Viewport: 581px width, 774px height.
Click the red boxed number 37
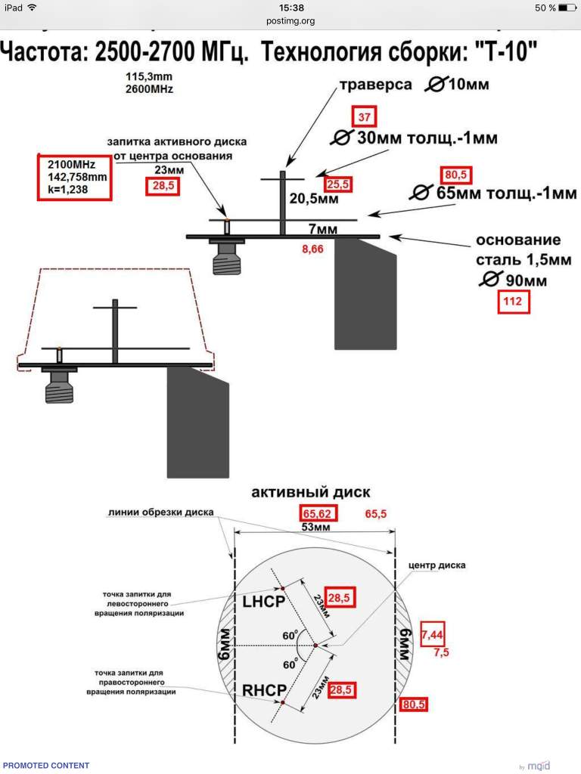pyautogui.click(x=364, y=117)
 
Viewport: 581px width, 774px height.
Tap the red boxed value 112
pyautogui.click(x=513, y=302)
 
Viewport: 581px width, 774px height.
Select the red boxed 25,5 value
pyautogui.click(x=338, y=184)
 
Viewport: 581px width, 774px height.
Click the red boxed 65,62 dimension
pyautogui.click(x=317, y=513)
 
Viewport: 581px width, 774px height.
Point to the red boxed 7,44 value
pyautogui.click(x=432, y=634)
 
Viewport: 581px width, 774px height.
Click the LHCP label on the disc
pyautogui.click(x=264, y=601)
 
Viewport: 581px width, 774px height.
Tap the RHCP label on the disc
pyautogui.click(x=264, y=689)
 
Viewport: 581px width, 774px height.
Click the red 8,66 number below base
pyautogui.click(x=312, y=249)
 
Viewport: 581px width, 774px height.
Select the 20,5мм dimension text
pyautogui.click(x=314, y=199)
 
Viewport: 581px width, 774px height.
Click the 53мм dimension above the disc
pyautogui.click(x=315, y=527)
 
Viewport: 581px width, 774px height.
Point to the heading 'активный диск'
pyautogui.click(x=311, y=492)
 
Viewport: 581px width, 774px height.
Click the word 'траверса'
pyautogui.click(x=375, y=85)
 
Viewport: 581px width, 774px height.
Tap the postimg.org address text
pyautogui.click(x=290, y=20)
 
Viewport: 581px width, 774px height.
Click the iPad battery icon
pyautogui.click(x=567, y=8)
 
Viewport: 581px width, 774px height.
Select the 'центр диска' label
pyautogui.click(x=437, y=565)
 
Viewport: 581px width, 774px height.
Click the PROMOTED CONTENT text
pyautogui.click(x=46, y=765)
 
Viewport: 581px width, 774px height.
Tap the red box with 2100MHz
pyautogui.click(x=74, y=177)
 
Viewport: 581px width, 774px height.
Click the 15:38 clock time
pyautogui.click(x=291, y=8)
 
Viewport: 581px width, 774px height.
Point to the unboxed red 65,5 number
pyautogui.click(x=375, y=514)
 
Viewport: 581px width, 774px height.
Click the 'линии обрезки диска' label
pyautogui.click(x=160, y=512)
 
